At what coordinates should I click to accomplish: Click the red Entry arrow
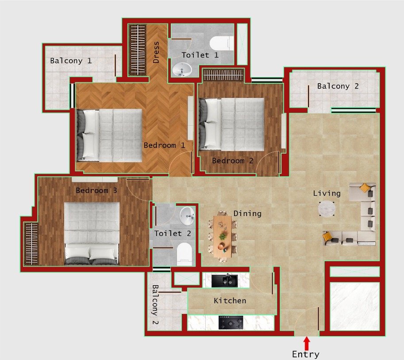coord(306,343)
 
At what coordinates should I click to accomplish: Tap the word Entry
coord(305,354)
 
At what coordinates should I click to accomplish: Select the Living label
coord(327,193)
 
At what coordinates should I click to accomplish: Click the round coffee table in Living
coord(327,209)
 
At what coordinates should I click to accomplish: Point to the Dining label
coord(247,213)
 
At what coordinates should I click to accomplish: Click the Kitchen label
coord(230,301)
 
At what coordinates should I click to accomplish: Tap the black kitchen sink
coord(225,280)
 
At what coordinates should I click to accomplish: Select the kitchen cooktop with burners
coord(231,322)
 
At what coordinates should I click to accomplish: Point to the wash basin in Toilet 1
coord(182,70)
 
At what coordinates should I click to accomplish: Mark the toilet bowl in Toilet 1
coord(220,43)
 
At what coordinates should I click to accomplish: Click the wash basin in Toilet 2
coord(188,215)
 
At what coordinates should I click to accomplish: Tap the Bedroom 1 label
coord(164,145)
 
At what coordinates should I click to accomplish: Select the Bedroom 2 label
coord(232,161)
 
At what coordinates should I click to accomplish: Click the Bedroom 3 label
coord(96,190)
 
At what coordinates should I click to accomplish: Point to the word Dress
coord(156,53)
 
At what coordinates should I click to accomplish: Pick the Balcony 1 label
coord(71,61)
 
